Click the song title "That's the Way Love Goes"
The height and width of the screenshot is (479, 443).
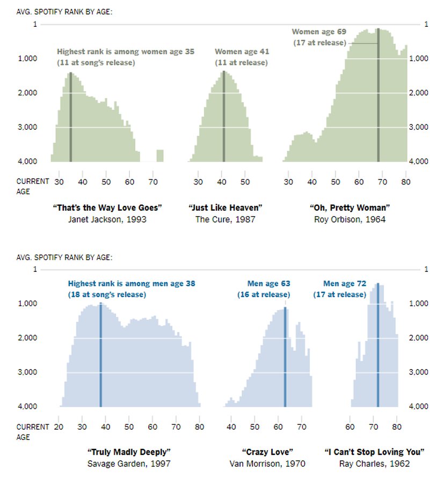coord(108,208)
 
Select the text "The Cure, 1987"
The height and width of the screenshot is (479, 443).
coord(225,219)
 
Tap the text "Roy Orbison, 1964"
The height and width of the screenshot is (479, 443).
coord(350,219)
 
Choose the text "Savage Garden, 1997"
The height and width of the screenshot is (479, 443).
coord(129,463)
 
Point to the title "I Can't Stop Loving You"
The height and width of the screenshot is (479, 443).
coord(375,452)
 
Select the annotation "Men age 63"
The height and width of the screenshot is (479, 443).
coord(268,284)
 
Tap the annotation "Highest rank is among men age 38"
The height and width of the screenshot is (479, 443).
coord(132,284)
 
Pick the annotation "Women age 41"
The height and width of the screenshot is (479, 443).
coord(242,51)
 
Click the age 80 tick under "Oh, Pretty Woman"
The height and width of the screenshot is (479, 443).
coord(405,182)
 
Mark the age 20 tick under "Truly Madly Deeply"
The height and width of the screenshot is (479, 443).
coord(59,427)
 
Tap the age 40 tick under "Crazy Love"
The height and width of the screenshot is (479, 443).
coord(231,427)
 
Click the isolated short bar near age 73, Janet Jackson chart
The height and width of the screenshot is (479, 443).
coord(160,156)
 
